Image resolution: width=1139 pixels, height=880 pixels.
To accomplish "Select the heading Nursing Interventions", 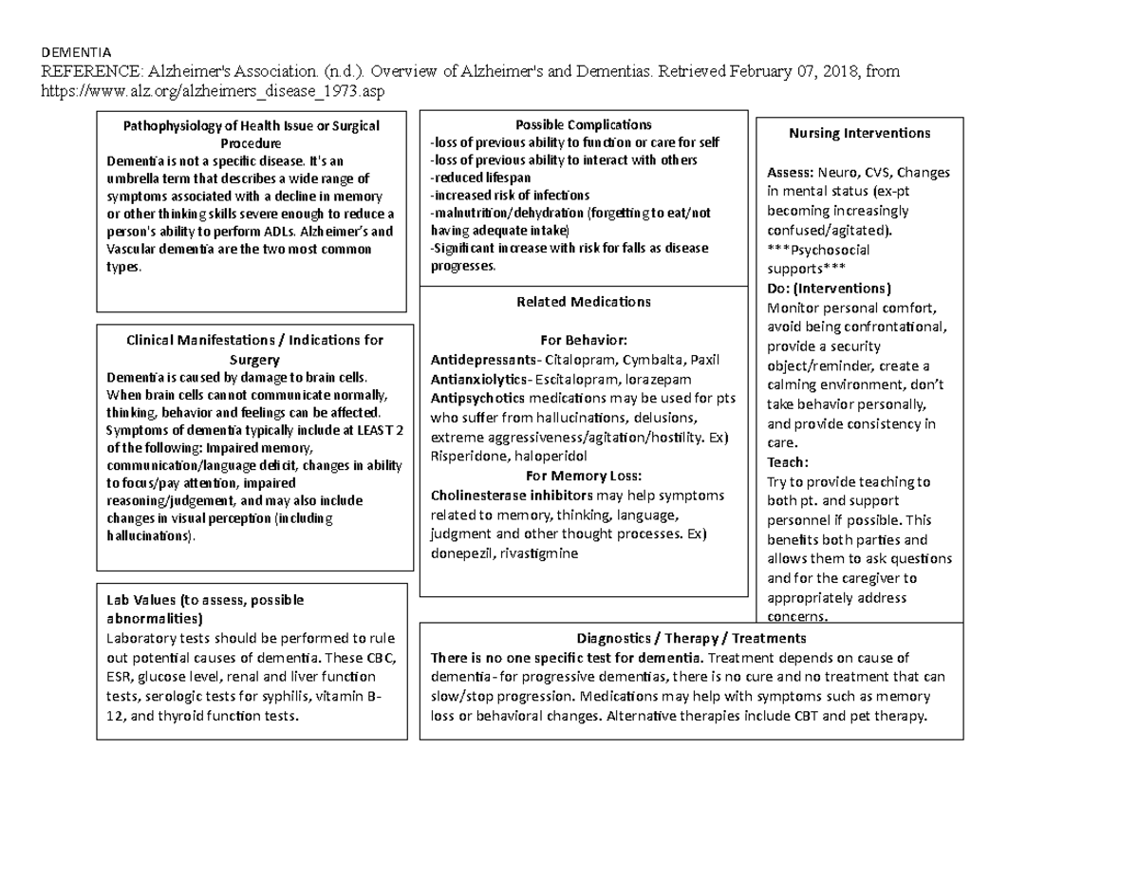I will click(x=859, y=133).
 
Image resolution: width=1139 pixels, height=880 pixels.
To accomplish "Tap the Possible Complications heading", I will click(x=583, y=125).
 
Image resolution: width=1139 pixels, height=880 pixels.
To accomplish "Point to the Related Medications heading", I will click(x=583, y=302).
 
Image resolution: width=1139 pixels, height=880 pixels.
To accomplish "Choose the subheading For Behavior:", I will click(x=583, y=340).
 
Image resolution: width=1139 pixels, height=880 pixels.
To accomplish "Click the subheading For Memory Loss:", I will click(x=583, y=476).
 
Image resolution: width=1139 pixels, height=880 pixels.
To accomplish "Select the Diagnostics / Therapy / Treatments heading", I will click(x=691, y=637).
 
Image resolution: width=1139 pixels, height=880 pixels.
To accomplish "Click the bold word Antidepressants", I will click(x=481, y=360).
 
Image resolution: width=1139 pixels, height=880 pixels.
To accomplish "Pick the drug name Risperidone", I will click(x=467, y=457).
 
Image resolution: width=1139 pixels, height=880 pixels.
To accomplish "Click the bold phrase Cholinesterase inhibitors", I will click(x=499, y=496).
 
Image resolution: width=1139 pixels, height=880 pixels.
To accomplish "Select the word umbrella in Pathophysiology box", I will click(x=135, y=178).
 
